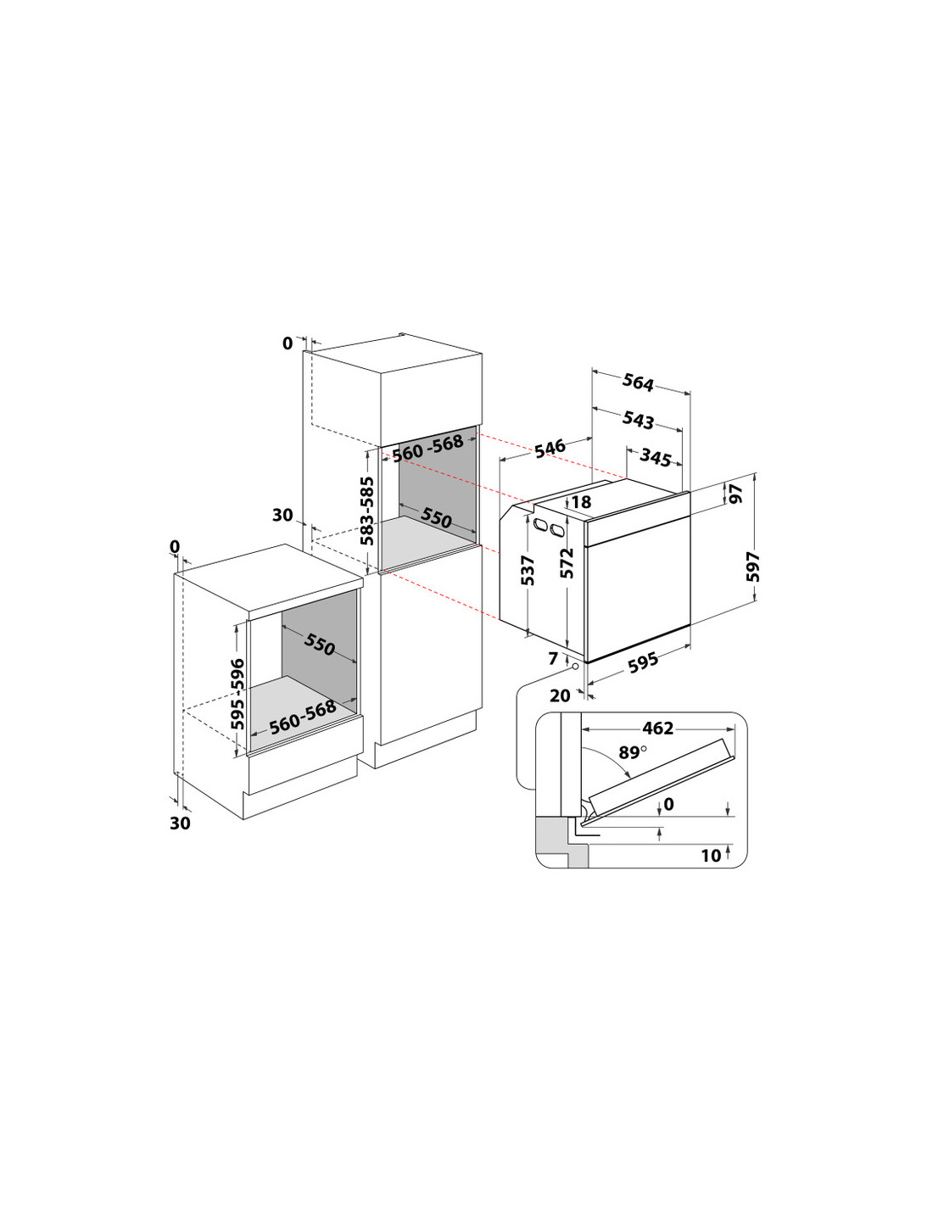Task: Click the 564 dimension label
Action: coord(638,382)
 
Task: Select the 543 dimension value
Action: coord(638,420)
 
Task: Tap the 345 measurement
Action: coord(656,457)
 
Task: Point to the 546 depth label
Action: coord(550,449)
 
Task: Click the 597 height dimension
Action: coord(752,567)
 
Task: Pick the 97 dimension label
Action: coord(736,494)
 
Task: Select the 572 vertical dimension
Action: coord(567,563)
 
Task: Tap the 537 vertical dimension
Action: coord(528,570)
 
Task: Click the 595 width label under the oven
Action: coord(644,662)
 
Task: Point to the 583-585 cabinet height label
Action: coord(367,511)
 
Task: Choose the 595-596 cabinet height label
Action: coord(238,694)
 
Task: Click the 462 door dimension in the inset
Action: coord(657,728)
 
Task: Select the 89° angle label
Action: coord(632,752)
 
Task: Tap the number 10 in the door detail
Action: coord(711,855)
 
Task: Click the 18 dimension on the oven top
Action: coord(581,502)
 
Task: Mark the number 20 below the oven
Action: coord(560,695)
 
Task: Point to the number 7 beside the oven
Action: coord(554,658)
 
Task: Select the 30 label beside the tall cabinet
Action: coord(282,515)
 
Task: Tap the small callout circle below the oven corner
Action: coord(577,667)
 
